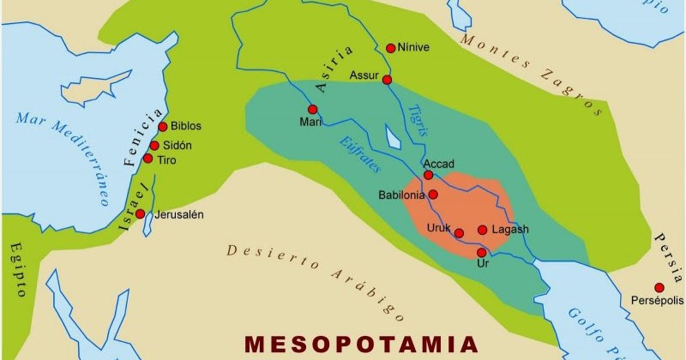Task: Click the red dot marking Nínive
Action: pos(391,48)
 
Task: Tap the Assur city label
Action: pos(364,75)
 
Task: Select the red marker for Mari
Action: pos(313,109)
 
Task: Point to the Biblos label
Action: pos(186,126)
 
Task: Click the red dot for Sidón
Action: pos(154,145)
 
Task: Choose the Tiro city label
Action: pos(167,159)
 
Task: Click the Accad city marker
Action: pos(428,175)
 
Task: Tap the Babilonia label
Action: pos(402,195)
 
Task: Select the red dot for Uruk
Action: pos(459,232)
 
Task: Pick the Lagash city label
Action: pos(509,230)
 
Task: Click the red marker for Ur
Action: pos(481,252)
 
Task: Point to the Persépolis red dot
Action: pos(659,287)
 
